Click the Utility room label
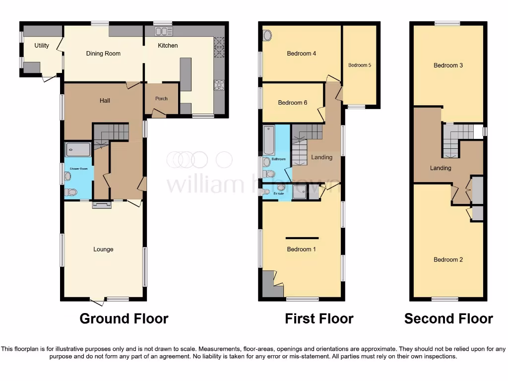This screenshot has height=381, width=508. (42, 46)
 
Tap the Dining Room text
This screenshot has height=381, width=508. (103, 54)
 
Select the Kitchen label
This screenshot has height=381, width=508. (168, 46)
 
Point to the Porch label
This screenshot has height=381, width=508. (161, 99)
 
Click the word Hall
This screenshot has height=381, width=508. (105, 101)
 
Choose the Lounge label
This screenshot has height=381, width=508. (103, 250)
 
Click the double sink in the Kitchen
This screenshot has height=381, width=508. (162, 32)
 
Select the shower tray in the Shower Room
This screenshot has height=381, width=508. (78, 149)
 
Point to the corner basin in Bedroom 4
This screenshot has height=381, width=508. (267, 36)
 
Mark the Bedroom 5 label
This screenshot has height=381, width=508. (360, 65)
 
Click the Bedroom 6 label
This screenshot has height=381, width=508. (292, 103)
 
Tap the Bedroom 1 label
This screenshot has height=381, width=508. (301, 250)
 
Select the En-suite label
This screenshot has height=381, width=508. (278, 194)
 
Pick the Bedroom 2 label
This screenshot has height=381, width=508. (448, 259)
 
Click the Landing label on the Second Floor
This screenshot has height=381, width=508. (440, 168)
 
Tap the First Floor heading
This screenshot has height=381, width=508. (319, 318)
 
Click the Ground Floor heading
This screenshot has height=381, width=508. (124, 318)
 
